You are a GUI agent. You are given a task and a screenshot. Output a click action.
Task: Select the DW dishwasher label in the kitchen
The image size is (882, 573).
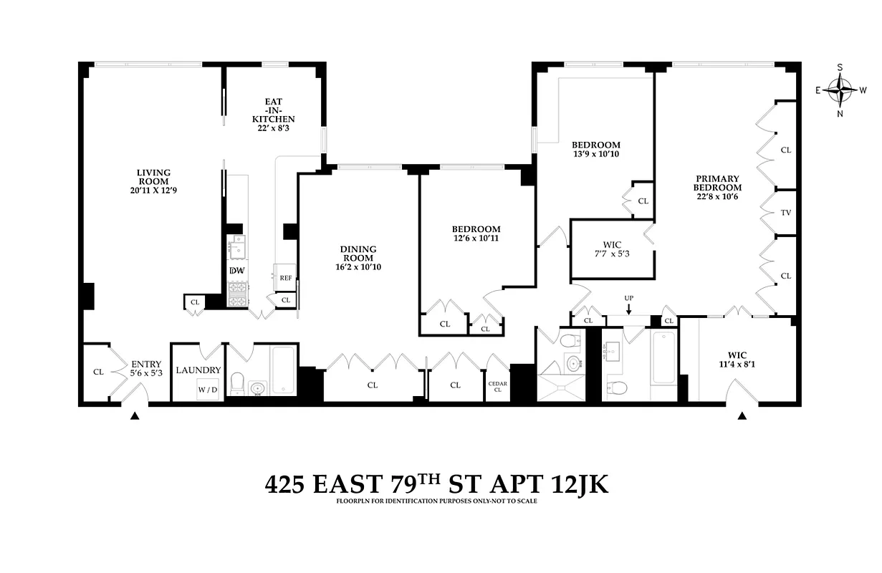pos(236,271)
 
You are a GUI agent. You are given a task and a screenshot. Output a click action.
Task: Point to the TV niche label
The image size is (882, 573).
pos(785,213)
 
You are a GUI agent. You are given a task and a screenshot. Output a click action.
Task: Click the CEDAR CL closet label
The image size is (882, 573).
pos(497,387)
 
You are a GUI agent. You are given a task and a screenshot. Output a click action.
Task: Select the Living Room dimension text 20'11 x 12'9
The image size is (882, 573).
pos(154,181)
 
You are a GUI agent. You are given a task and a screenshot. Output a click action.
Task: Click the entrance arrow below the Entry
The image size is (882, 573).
pos(134,415)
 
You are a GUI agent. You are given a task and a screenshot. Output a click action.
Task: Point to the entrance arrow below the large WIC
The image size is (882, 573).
pos(742,415)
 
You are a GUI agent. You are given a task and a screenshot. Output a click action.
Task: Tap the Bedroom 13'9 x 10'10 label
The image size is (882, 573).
pos(596,149)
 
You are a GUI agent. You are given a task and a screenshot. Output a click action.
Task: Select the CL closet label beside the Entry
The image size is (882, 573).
pos(98,372)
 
